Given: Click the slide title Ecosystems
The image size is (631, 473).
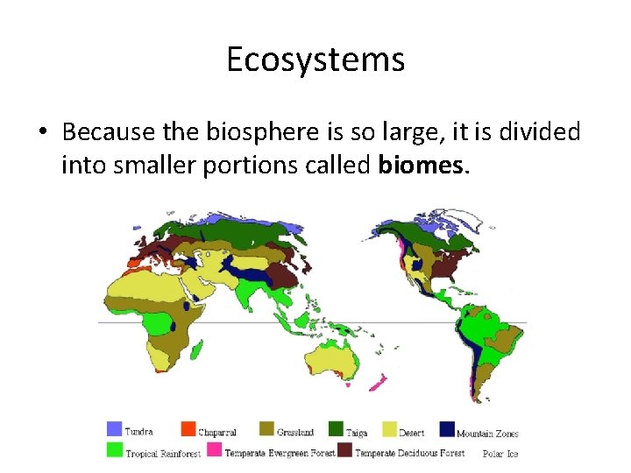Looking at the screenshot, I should tap(315, 60).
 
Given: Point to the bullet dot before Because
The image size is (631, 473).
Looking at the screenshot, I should tap(42, 133).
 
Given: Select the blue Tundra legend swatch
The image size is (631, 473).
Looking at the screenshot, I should tap(114, 429).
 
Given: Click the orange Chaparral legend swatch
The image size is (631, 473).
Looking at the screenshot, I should tap(188, 429).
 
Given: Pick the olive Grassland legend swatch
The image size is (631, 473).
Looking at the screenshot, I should tap(266, 429).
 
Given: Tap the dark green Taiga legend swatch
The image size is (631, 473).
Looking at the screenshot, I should tap(335, 429).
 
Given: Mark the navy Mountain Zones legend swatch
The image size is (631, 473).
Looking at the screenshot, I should tap(447, 429).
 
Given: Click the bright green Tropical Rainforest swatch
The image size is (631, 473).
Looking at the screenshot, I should tap(114, 451).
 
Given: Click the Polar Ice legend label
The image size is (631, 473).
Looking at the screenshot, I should tap(500, 454).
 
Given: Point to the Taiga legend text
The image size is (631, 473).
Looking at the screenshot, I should tap(357, 432).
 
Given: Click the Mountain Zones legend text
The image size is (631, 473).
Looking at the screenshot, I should tap(487, 433).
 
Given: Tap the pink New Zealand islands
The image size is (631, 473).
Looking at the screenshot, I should tap(379, 382).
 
